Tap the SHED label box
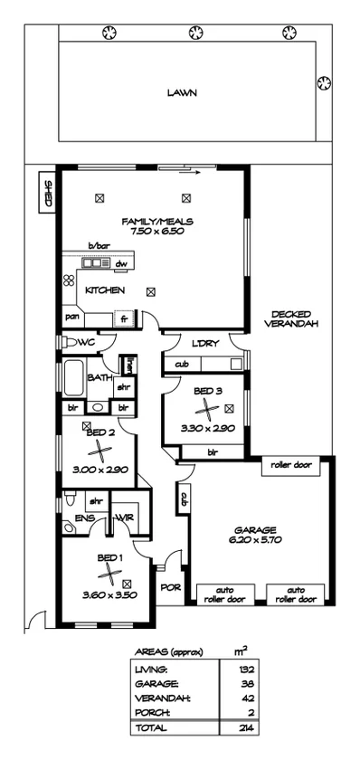(x=48, y=193)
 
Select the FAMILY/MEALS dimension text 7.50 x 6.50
(x=158, y=232)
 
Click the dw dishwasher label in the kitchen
(x=120, y=264)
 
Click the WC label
(x=87, y=343)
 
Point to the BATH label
(x=99, y=377)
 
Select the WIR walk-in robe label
(x=123, y=518)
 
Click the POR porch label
(x=171, y=587)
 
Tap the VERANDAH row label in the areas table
(x=156, y=698)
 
